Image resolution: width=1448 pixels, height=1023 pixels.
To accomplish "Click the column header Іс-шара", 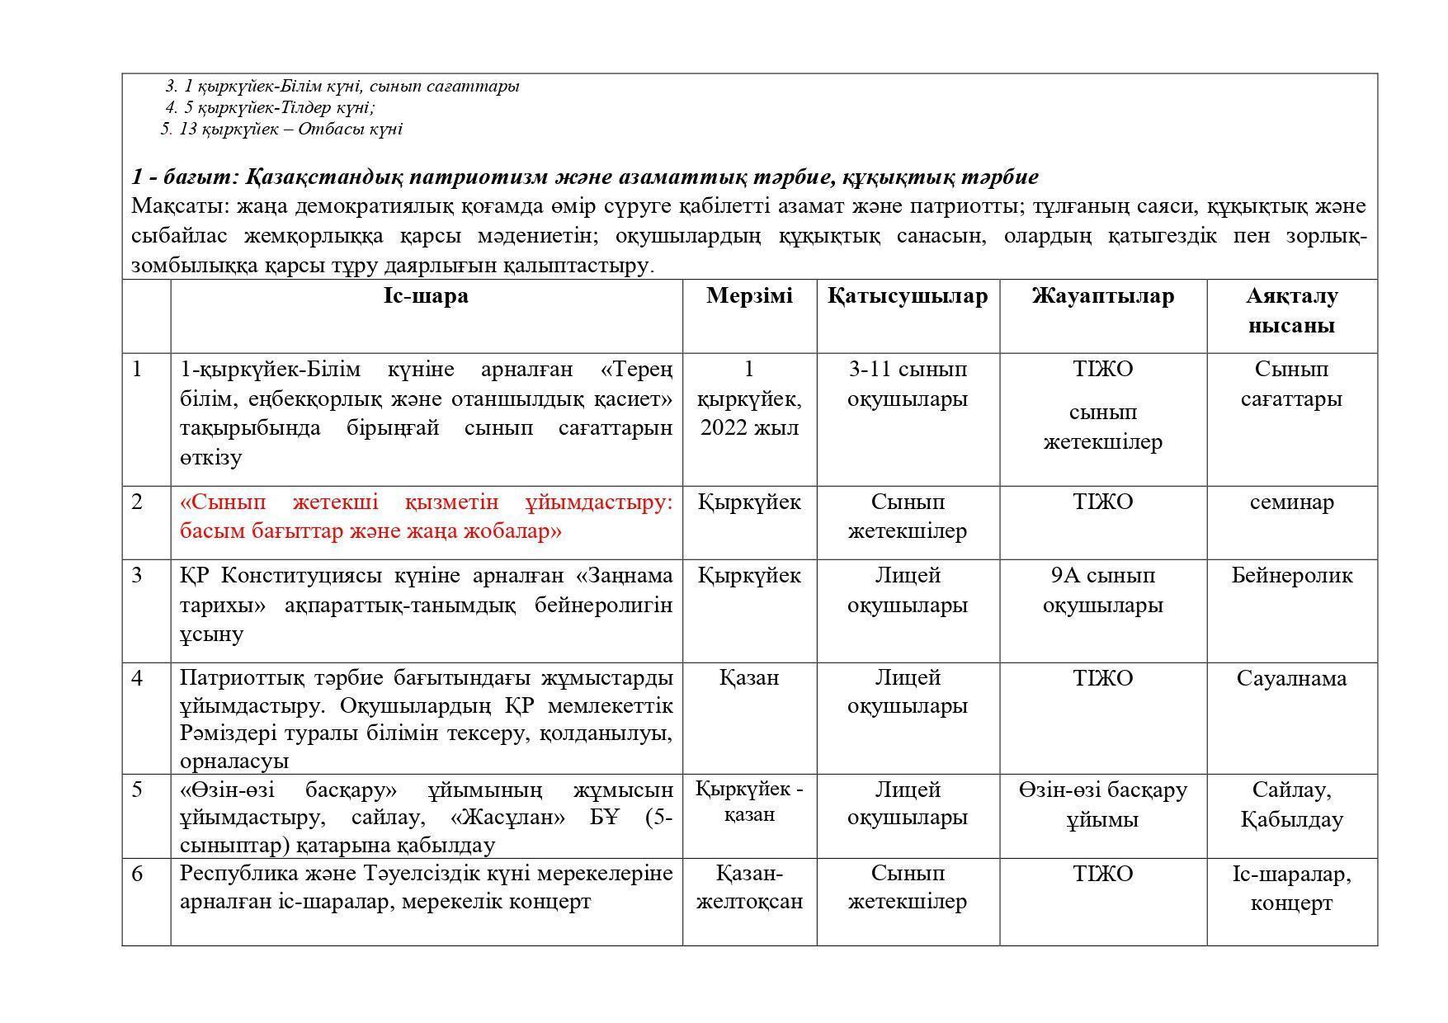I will [x=426, y=296].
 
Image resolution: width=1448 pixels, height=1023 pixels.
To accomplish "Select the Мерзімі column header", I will [x=749, y=296].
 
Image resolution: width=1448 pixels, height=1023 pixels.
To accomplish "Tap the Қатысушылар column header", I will [x=908, y=296].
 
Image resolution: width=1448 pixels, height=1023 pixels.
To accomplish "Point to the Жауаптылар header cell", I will [x=1102, y=296].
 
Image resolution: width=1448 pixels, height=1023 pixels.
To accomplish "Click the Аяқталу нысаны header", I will [x=1291, y=310].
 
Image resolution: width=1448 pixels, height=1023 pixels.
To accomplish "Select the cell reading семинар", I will [x=1291, y=502].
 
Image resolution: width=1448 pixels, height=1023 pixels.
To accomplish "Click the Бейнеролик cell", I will [x=1291, y=576].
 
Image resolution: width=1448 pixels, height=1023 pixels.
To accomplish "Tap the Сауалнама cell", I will [x=1291, y=679].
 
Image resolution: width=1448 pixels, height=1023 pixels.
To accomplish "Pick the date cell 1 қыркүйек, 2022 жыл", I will [x=749, y=398].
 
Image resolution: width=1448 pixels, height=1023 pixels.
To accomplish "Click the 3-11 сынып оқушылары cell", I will [x=908, y=384].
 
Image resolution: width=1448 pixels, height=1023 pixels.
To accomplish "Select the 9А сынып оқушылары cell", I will [x=1102, y=590].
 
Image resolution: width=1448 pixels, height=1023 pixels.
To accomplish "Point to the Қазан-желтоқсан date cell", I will [x=749, y=887].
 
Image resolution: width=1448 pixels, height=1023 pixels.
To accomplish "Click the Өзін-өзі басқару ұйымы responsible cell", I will [x=1102, y=804].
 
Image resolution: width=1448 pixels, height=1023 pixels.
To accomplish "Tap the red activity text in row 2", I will [x=426, y=516].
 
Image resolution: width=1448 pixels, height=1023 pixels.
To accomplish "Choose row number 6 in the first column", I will [x=138, y=874].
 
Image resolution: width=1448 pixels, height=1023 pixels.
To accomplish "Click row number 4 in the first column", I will [x=138, y=679].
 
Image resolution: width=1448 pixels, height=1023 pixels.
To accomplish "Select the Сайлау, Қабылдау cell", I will [x=1291, y=804].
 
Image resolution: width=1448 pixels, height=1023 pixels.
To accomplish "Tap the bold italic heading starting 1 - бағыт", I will [x=584, y=177].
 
